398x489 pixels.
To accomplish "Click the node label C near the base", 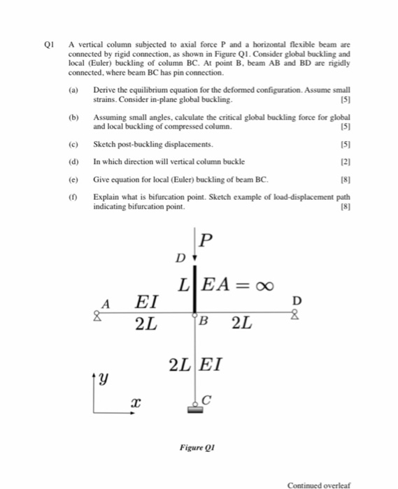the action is (x=206, y=400).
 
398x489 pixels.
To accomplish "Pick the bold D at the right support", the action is (x=297, y=301).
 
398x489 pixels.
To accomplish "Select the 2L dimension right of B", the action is (x=241, y=323).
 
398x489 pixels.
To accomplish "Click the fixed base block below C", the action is (x=194, y=409).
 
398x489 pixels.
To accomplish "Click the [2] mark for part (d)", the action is (x=343, y=161).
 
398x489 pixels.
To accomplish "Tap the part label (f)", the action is (x=72, y=198).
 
